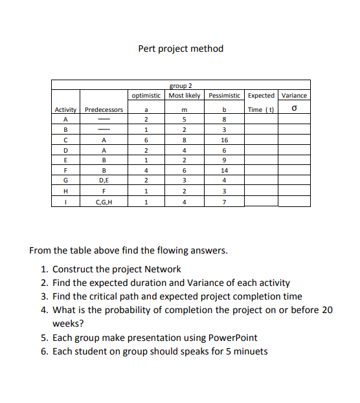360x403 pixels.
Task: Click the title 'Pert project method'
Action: [x=181, y=49]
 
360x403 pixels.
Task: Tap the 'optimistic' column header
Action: [x=147, y=95]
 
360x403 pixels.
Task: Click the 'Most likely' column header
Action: [x=185, y=95]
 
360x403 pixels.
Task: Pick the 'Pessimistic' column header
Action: [x=224, y=95]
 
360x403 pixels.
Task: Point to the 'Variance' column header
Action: [x=295, y=95]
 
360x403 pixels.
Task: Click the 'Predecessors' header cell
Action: [x=104, y=109]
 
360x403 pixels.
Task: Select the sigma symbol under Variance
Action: [x=295, y=109]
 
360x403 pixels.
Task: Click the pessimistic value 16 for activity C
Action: [x=224, y=140]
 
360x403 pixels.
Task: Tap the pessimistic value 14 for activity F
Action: [x=224, y=171]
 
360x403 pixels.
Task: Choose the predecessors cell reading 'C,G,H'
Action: [x=104, y=202]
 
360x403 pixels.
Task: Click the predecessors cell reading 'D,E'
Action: [x=104, y=181]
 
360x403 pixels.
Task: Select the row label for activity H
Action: [x=65, y=191]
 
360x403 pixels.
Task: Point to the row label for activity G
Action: [x=65, y=181]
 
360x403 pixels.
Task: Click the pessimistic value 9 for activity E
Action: [x=224, y=160]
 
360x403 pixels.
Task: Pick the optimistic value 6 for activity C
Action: [x=147, y=140]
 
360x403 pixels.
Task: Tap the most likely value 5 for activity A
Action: [x=185, y=119]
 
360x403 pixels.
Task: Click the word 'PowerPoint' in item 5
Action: [x=233, y=337]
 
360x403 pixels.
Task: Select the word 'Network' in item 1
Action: [x=164, y=269]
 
